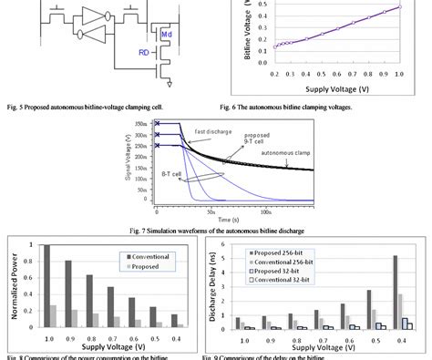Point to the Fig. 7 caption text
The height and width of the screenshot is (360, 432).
(x=217, y=228)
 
